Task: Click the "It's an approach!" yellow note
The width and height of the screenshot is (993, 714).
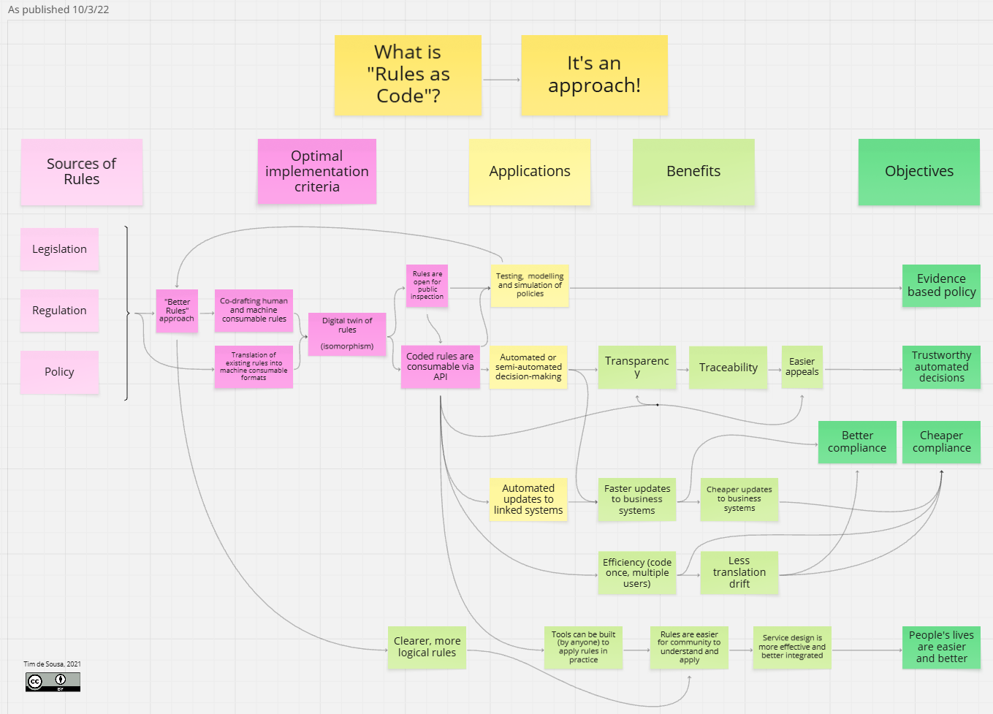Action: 594,75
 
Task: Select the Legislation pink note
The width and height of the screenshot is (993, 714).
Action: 59,249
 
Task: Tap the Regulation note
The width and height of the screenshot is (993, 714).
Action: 59,311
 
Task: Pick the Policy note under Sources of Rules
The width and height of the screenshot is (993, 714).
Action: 59,372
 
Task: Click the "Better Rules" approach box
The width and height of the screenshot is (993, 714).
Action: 177,311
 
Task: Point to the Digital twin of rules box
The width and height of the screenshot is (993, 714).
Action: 347,333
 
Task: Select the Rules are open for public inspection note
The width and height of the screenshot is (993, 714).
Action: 427,286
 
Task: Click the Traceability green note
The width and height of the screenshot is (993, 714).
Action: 728,368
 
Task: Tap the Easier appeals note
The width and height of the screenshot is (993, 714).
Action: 802,367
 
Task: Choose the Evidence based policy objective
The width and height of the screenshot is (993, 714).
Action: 941,285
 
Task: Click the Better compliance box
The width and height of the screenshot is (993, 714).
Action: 857,441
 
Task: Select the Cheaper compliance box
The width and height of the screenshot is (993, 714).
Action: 941,441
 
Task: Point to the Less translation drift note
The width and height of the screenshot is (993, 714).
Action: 739,572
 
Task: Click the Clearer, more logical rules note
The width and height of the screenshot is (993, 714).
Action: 427,647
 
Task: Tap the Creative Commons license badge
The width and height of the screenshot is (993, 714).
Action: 53,682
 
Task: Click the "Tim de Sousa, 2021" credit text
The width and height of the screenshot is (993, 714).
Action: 52,664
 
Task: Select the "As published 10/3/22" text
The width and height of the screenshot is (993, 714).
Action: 58,10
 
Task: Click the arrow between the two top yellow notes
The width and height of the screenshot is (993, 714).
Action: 501,80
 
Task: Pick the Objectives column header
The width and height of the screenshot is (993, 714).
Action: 918,172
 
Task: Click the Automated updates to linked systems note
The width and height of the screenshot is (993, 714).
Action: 528,499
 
